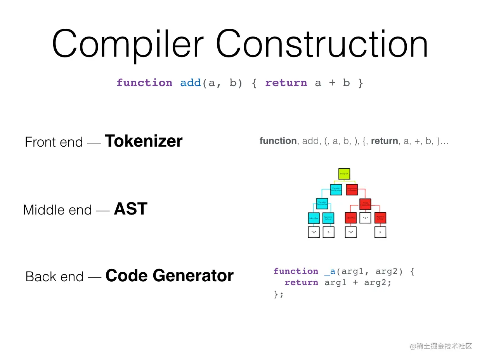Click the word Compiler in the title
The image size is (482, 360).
point(128,43)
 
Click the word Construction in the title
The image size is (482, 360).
point(322,43)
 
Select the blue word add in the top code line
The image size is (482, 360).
point(191,83)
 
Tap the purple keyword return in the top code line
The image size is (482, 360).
point(286,83)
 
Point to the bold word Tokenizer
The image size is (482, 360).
point(144,141)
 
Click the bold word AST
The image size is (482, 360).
point(130,209)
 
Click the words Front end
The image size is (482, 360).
point(54,142)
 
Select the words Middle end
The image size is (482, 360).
point(57,210)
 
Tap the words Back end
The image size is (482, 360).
point(54,277)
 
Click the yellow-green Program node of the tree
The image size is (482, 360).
point(344,174)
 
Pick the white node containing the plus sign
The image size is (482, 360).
point(365,218)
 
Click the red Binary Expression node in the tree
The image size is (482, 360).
point(365,203)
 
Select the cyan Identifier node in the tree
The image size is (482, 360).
point(314,218)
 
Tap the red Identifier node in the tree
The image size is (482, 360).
point(350,218)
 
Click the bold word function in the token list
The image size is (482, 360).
point(278,141)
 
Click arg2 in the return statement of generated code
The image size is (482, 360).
point(378,283)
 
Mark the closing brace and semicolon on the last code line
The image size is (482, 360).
point(279,294)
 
